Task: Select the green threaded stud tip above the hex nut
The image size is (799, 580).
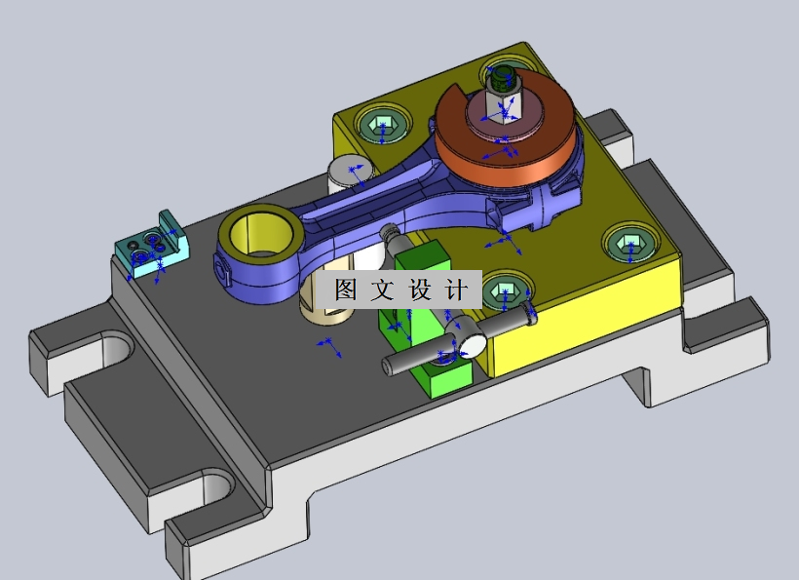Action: (503, 76)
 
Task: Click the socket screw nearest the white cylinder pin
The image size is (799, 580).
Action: (381, 126)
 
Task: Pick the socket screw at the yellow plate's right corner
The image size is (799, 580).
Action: (627, 244)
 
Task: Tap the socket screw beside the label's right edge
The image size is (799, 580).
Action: (504, 290)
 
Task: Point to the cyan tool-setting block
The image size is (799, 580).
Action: (150, 248)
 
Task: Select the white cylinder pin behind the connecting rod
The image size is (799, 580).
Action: (348, 174)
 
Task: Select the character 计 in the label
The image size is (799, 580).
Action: (456, 290)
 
